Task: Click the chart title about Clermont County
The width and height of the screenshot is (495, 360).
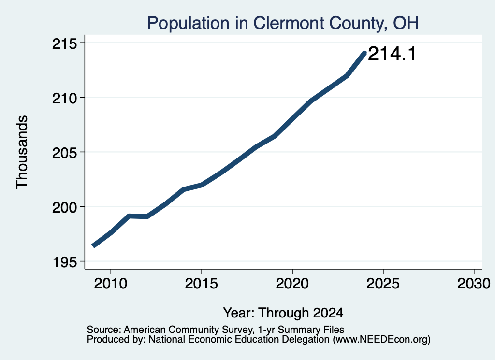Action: [283, 23]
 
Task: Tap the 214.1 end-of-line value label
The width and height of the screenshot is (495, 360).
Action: [392, 54]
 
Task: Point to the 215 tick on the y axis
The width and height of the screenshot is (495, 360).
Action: [64, 43]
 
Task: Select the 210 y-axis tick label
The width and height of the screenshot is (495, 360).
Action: [64, 98]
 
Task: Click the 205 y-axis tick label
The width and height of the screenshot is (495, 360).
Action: [64, 153]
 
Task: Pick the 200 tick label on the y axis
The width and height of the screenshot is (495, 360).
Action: [64, 207]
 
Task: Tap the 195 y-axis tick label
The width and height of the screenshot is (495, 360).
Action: [64, 262]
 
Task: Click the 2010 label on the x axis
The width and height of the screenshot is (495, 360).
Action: [111, 283]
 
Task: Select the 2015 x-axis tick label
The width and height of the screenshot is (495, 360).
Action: [202, 283]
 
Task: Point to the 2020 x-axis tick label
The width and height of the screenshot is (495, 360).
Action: [292, 283]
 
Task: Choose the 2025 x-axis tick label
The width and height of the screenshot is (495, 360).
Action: [383, 283]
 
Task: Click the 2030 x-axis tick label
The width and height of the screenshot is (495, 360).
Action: [474, 283]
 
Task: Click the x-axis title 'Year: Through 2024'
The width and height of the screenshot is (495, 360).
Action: [283, 313]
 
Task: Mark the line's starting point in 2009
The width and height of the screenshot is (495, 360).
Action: [93, 246]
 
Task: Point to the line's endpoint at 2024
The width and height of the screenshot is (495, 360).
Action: [365, 52]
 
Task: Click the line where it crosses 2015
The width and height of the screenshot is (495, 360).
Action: [202, 185]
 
